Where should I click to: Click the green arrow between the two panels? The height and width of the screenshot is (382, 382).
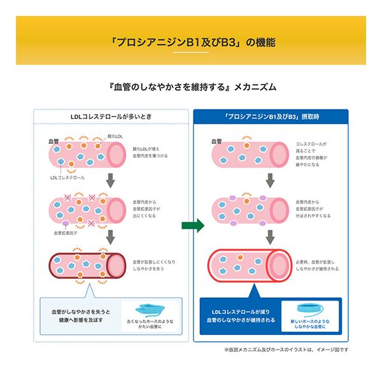point(191,225)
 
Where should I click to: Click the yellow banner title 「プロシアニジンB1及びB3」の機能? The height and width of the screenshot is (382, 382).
point(191,43)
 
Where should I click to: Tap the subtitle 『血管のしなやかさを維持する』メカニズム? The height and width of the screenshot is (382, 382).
point(191,87)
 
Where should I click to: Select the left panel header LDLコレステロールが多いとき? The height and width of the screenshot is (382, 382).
point(111,117)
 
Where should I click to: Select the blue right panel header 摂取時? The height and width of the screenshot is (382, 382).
point(271,117)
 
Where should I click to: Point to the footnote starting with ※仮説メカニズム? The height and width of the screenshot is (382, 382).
point(286,349)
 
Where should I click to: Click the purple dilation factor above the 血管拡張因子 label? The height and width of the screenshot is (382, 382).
point(66,225)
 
